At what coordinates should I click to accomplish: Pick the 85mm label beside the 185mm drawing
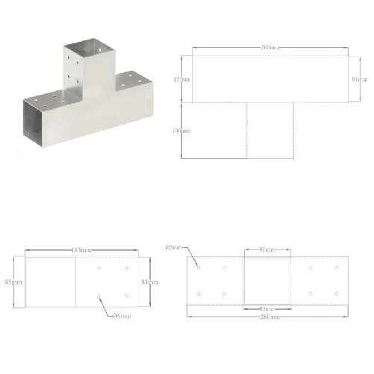(13, 282)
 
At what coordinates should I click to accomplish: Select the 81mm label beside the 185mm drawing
(149, 282)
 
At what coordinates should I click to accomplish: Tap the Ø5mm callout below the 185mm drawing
(122, 316)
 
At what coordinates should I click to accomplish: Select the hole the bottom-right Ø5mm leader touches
(199, 267)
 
